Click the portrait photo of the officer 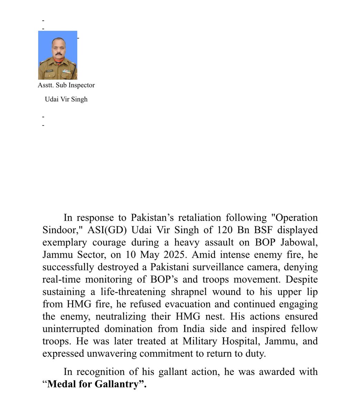point(58,55)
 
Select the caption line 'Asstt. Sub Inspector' point(66,85)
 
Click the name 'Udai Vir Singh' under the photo point(66,99)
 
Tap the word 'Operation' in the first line point(295,218)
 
